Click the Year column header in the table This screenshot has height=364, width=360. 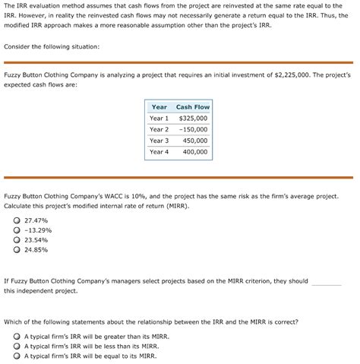(159, 107)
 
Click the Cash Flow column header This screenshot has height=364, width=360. (192, 107)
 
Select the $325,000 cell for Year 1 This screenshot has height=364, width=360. (193, 119)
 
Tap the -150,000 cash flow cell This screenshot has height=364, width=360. (193, 129)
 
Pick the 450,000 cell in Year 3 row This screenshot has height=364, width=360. (195, 141)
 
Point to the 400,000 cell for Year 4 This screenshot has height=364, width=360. (195, 152)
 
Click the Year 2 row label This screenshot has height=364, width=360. (159, 129)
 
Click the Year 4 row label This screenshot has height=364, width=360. (159, 152)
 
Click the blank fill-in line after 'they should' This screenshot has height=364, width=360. (327, 281)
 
